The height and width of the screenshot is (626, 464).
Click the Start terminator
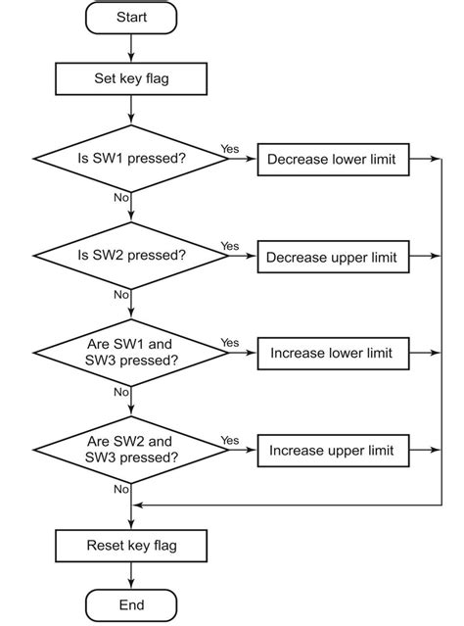tap(131, 18)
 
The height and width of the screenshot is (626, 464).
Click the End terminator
tap(131, 605)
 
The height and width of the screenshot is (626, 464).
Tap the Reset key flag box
tap(131, 545)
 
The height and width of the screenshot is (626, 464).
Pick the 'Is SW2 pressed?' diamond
tap(131, 256)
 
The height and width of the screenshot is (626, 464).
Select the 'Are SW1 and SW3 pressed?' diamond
tap(131, 353)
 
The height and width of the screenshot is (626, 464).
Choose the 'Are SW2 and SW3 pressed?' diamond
tap(131, 450)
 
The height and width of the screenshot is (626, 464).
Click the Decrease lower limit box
tap(332, 159)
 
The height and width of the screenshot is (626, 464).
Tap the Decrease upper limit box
tap(332, 257)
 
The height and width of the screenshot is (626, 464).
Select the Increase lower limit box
tap(332, 353)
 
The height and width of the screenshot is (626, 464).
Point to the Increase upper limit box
tap(332, 451)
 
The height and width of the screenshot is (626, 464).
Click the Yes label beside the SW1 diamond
tap(230, 149)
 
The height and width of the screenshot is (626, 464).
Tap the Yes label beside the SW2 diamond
tap(230, 246)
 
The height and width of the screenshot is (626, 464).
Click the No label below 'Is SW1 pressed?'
tap(121, 198)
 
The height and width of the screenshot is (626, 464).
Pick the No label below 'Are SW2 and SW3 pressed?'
tap(121, 488)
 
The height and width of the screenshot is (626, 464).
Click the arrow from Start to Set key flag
tap(131, 47)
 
